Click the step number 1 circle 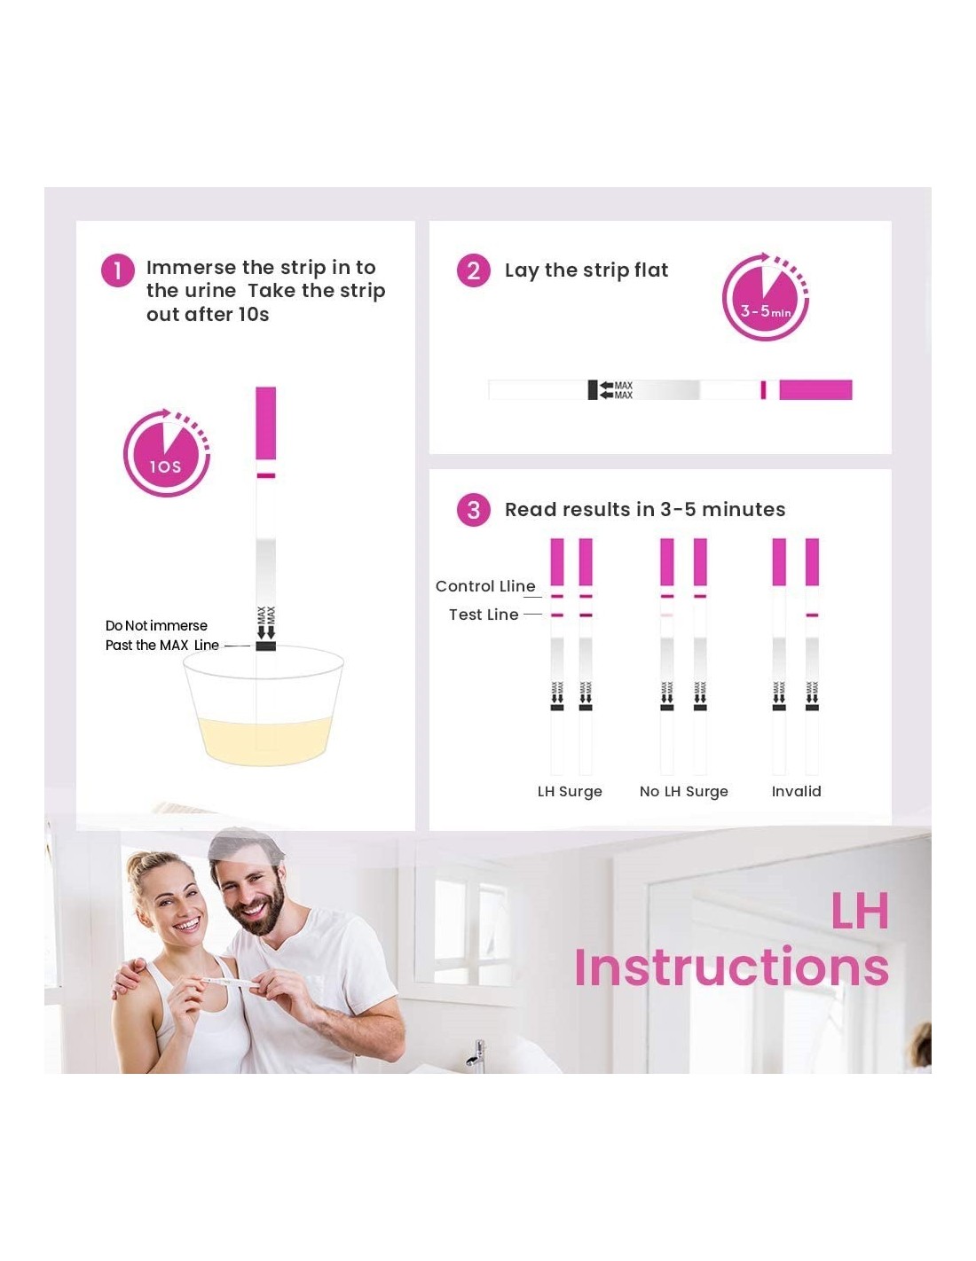117,270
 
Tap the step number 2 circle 473,270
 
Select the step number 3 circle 473,510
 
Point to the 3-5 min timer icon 765,296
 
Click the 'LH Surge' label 570,792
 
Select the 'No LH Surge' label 683,792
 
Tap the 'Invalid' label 796,791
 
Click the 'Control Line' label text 485,586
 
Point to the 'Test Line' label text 484,615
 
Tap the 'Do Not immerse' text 156,625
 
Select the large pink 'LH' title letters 860,910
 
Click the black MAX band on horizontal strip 592,390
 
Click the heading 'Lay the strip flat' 586,270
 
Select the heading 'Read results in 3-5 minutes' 645,510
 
